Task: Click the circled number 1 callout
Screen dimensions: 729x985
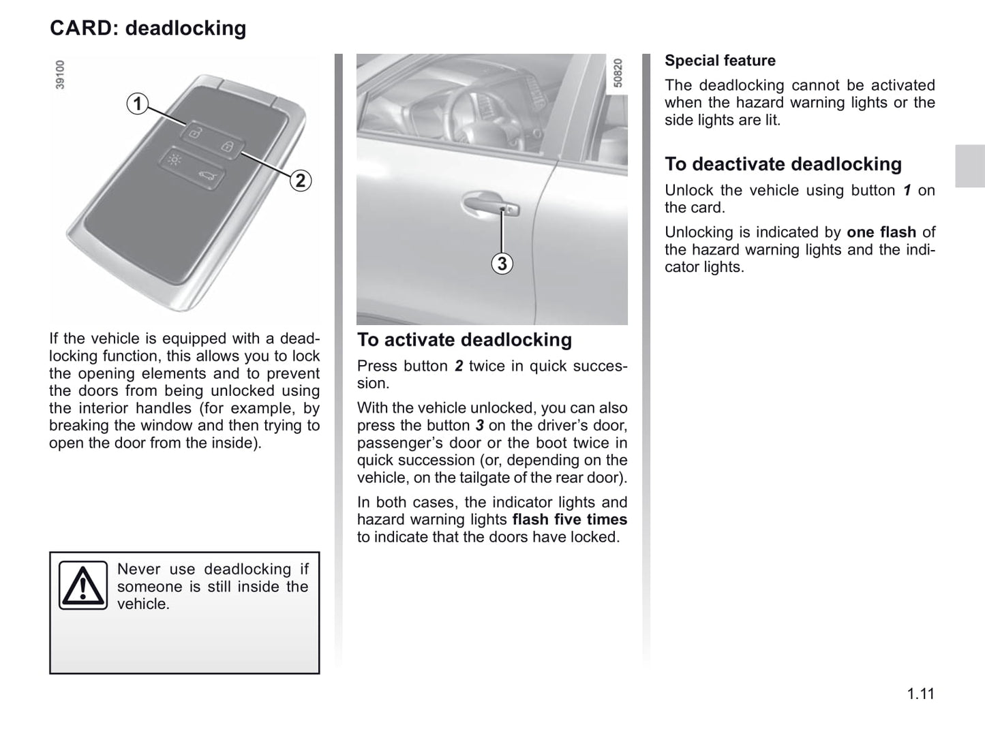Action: click(138, 104)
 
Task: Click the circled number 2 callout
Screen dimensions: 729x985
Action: click(300, 181)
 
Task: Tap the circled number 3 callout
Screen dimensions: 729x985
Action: click(502, 264)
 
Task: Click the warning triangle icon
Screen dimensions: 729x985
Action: click(82, 585)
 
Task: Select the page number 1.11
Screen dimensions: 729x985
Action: click(920, 694)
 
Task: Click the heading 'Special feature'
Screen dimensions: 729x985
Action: click(720, 61)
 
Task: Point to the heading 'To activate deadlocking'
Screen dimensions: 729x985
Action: click(464, 340)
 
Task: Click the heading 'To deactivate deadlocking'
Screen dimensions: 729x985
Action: click(783, 164)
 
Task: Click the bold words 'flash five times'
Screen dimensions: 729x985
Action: click(569, 519)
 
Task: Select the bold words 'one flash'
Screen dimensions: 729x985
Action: click(881, 232)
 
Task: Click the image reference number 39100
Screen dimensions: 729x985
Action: click(60, 75)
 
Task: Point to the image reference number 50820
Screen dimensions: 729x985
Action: click(618, 73)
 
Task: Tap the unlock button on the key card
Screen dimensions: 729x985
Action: click(195, 133)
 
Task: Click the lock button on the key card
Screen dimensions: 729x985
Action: click(227, 146)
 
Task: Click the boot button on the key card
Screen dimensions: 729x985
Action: click(206, 178)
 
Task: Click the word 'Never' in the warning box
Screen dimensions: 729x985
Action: click(138, 570)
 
